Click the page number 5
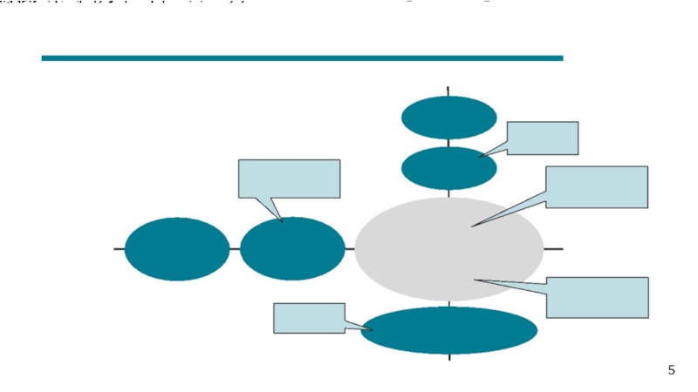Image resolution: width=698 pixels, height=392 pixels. click(671, 371)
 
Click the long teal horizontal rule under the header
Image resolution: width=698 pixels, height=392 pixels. click(302, 58)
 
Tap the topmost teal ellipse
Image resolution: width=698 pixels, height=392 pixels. click(448, 117)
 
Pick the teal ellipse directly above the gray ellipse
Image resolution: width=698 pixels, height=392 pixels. click(448, 168)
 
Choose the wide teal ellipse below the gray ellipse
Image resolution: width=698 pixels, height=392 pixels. click(448, 330)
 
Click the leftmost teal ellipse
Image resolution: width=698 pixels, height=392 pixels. click(177, 249)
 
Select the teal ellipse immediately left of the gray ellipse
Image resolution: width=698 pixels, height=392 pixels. click(292, 249)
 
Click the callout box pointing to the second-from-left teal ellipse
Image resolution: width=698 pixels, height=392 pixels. click(289, 179)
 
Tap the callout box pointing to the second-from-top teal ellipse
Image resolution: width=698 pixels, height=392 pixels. click(542, 138)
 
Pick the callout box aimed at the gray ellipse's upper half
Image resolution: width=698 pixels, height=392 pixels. click(597, 186)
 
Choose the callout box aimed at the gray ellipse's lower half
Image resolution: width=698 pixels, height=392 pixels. click(598, 297)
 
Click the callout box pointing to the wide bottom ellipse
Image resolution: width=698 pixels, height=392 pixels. click(309, 318)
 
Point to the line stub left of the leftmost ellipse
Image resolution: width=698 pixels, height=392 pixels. click(119, 249)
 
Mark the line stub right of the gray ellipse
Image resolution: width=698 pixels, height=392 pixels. click(553, 249)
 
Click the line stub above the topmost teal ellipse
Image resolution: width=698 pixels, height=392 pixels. click(448, 91)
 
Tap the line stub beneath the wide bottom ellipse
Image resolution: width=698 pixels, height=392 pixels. click(448, 357)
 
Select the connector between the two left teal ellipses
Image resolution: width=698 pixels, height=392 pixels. click(235, 249)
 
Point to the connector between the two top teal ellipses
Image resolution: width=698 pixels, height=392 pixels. click(448, 143)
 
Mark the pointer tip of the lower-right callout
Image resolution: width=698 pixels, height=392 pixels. click(476, 280)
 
